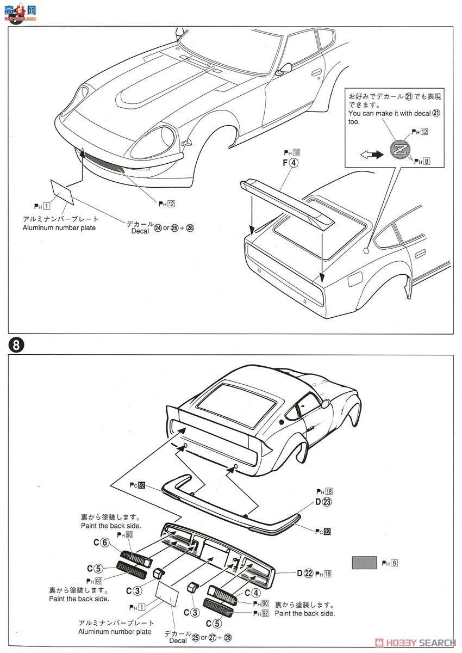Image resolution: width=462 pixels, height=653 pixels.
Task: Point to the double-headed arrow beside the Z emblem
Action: [371, 155]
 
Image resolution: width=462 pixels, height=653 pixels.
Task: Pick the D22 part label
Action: [305, 573]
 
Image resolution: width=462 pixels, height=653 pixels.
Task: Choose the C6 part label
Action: [105, 542]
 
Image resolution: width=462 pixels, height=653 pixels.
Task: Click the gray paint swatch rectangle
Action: [364, 562]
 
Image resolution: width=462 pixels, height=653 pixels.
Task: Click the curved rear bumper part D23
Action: [234, 501]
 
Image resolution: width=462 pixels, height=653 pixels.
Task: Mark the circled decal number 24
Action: [158, 227]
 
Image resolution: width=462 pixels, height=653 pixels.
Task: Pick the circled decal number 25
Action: [195, 637]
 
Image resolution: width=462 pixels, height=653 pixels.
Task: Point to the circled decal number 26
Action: [174, 227]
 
